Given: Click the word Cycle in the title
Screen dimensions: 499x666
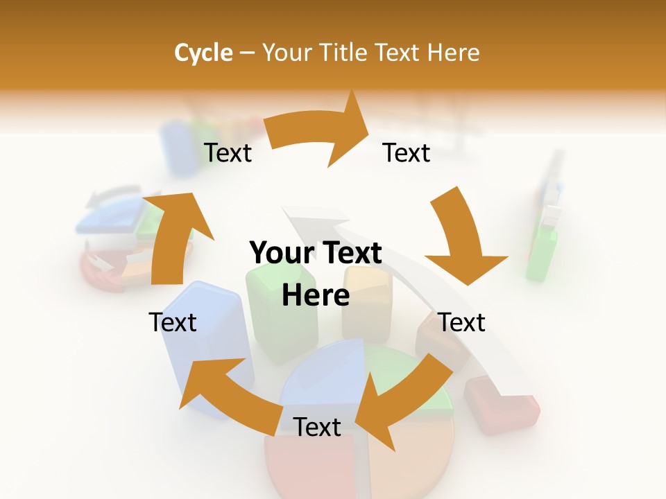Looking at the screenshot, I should tap(203, 53).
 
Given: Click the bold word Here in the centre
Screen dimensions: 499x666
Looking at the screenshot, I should tap(316, 296).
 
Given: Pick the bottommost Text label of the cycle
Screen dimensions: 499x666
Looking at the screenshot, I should tap(317, 427).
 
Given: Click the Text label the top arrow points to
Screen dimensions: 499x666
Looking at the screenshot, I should tap(407, 152).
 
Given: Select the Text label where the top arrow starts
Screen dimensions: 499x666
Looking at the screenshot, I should tap(228, 152).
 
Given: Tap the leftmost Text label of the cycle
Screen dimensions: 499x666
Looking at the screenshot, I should tap(173, 322).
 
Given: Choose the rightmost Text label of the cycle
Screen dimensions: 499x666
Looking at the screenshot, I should tap(462, 322).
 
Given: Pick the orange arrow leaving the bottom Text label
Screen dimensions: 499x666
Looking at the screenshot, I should tap(229, 388).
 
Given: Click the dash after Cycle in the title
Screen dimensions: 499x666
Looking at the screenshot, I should tap(247, 53).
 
